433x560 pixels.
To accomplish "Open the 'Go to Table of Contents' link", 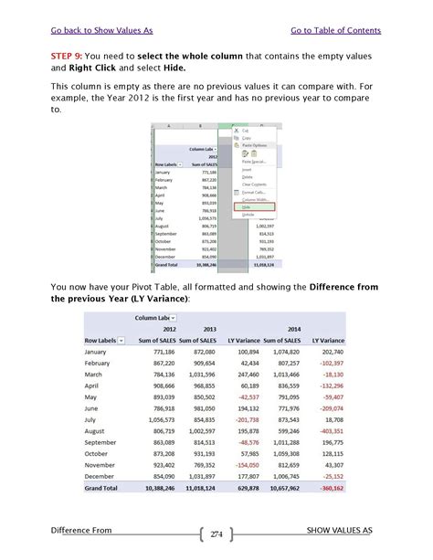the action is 335,30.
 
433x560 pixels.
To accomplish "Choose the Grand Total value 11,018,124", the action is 196,488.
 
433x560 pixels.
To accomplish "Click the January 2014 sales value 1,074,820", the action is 284,353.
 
